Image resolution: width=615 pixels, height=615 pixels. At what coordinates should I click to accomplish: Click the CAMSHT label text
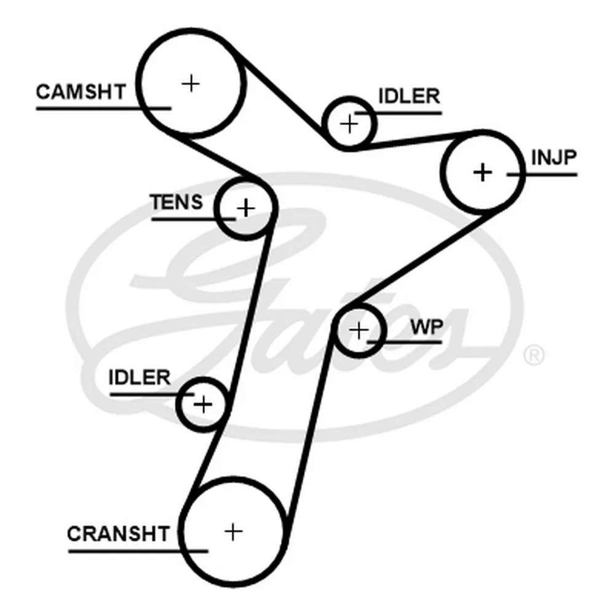[x=80, y=92]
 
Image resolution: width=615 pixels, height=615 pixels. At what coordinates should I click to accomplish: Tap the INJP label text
[x=553, y=157]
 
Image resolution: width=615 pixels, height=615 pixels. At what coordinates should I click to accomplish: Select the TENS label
[x=177, y=202]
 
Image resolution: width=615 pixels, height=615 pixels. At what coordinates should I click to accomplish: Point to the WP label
[x=427, y=327]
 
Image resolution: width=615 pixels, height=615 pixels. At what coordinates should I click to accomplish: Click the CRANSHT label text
[x=117, y=533]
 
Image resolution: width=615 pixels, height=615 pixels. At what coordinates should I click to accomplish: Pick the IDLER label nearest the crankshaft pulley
[x=139, y=377]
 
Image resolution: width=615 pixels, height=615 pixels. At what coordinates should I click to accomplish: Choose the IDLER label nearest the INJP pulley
[x=408, y=97]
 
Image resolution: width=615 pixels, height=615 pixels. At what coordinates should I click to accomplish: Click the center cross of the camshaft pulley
[x=192, y=82]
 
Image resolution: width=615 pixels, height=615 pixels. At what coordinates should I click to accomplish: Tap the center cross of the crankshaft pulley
[x=233, y=531]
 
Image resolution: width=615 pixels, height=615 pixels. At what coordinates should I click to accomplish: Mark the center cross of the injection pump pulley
[x=483, y=172]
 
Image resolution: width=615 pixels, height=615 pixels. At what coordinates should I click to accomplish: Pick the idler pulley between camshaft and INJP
[x=349, y=124]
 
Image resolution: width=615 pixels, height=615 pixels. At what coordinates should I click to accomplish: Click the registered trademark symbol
[x=533, y=355]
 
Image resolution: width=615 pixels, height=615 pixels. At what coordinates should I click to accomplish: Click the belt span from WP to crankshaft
[x=311, y=430]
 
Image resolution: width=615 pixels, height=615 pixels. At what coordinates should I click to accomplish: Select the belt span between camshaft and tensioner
[x=215, y=157]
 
